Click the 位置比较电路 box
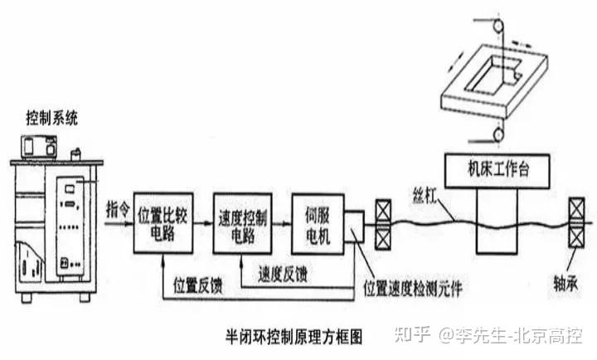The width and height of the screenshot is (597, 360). [x=163, y=223]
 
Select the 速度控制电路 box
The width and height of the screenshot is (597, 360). [x=242, y=223]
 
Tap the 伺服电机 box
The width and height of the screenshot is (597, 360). [x=318, y=224]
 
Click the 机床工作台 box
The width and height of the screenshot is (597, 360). [x=498, y=171]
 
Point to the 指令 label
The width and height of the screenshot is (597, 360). [x=118, y=209]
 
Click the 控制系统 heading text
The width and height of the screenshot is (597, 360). [x=51, y=118]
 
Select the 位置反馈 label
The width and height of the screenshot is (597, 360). [x=198, y=285]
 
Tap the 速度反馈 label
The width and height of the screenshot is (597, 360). [x=283, y=274]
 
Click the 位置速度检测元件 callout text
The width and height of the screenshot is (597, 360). [x=413, y=288]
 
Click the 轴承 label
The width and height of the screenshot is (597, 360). [x=565, y=283]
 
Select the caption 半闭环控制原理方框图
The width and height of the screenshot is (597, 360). [x=294, y=337]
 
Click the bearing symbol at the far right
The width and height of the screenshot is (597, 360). [x=576, y=223]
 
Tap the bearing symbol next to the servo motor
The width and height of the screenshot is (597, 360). [x=383, y=225]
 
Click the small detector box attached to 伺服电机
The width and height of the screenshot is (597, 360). [x=354, y=226]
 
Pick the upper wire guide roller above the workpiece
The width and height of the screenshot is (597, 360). [x=498, y=27]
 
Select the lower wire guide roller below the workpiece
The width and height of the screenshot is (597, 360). [x=498, y=135]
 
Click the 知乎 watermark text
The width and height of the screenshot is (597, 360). [x=413, y=335]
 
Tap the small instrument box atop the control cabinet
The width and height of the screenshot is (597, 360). [x=39, y=147]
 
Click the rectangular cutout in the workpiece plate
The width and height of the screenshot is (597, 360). [x=492, y=75]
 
